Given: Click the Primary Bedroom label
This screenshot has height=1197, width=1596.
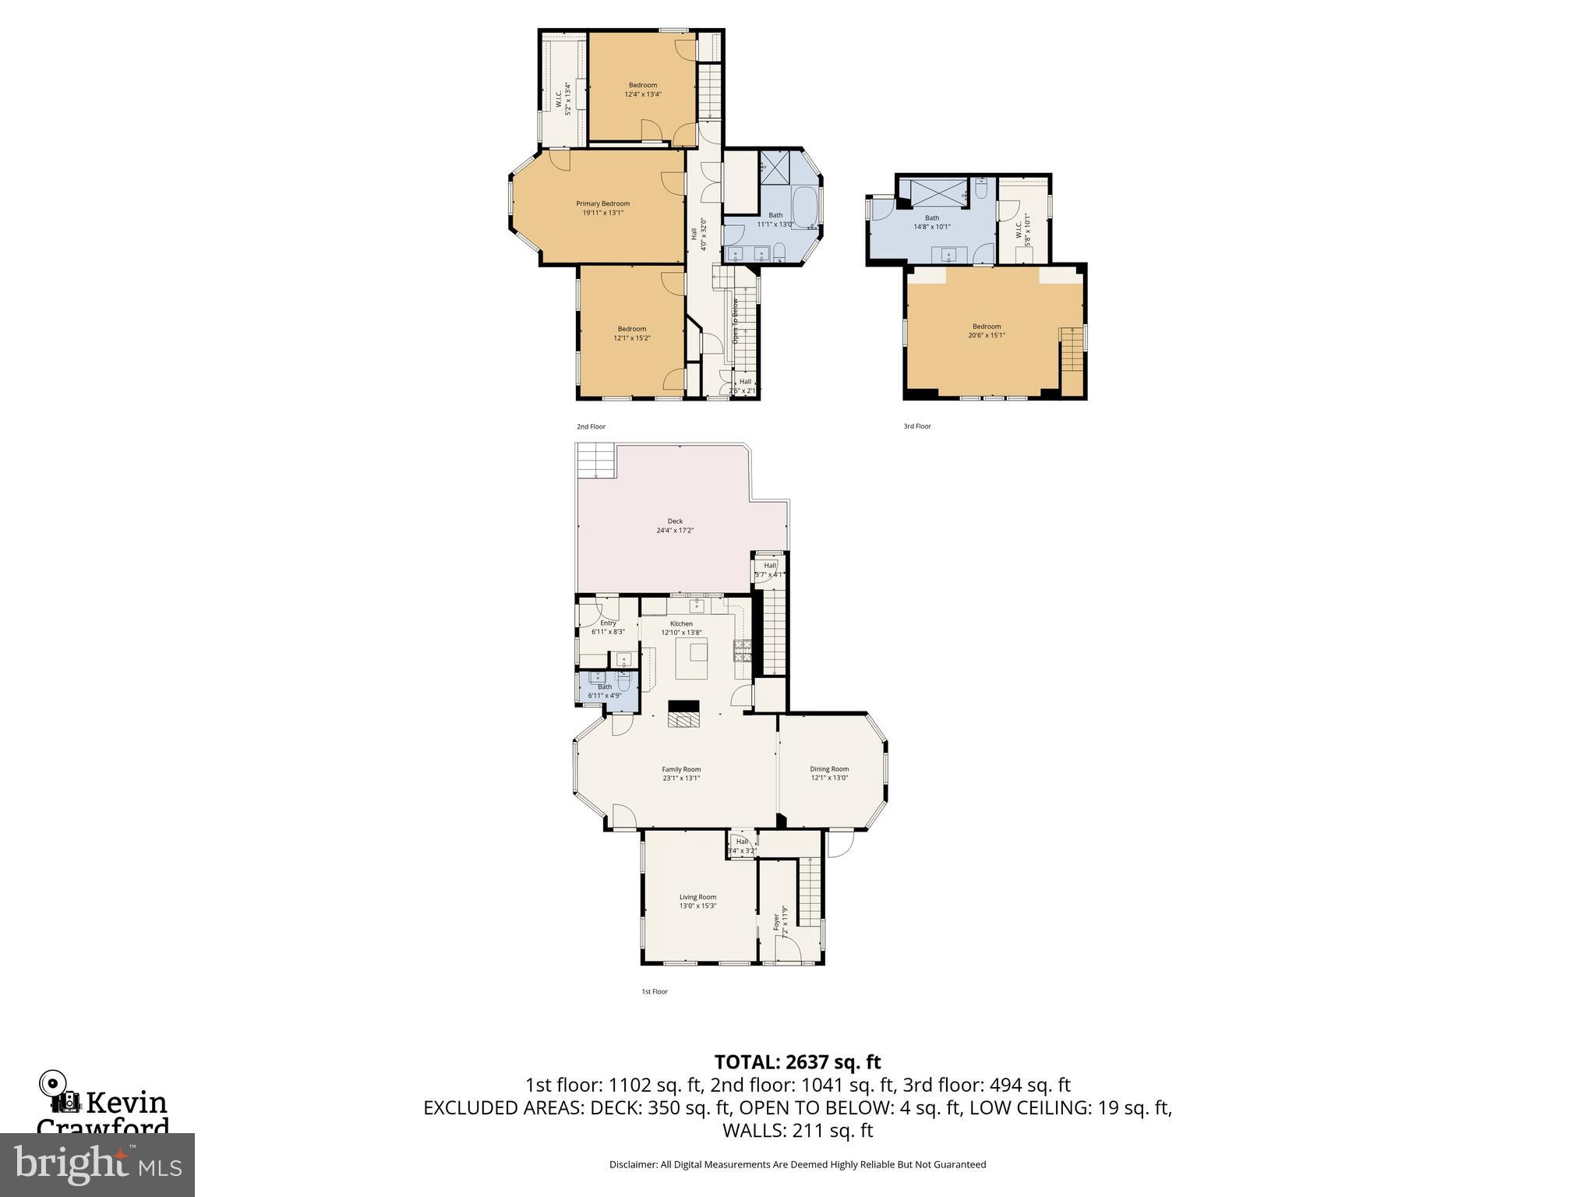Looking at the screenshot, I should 602,204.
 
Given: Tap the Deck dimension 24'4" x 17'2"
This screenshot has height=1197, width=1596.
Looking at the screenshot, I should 674,531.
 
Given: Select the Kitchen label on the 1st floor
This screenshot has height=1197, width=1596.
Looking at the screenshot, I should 681,623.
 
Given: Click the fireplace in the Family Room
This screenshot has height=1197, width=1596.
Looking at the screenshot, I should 684,714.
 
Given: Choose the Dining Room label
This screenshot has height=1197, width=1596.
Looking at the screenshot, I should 829,769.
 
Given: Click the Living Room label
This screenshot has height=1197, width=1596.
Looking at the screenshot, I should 697,897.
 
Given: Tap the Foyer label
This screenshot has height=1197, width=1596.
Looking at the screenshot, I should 776,922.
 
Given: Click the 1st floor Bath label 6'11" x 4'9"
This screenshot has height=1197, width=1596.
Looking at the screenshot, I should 605,687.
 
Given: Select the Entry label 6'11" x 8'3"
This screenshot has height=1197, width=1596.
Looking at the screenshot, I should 608,623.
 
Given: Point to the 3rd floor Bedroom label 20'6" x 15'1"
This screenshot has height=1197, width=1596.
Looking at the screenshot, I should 987,327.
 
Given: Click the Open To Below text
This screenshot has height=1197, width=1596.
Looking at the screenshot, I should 734,321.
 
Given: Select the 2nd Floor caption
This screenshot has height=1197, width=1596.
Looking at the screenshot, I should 591,427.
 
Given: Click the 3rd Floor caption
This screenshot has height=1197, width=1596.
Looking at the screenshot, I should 917,426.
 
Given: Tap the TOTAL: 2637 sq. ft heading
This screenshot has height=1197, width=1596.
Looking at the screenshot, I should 797,1061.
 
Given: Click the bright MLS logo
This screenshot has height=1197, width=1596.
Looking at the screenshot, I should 97,1164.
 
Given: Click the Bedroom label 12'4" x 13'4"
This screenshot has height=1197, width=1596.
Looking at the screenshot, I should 643,85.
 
